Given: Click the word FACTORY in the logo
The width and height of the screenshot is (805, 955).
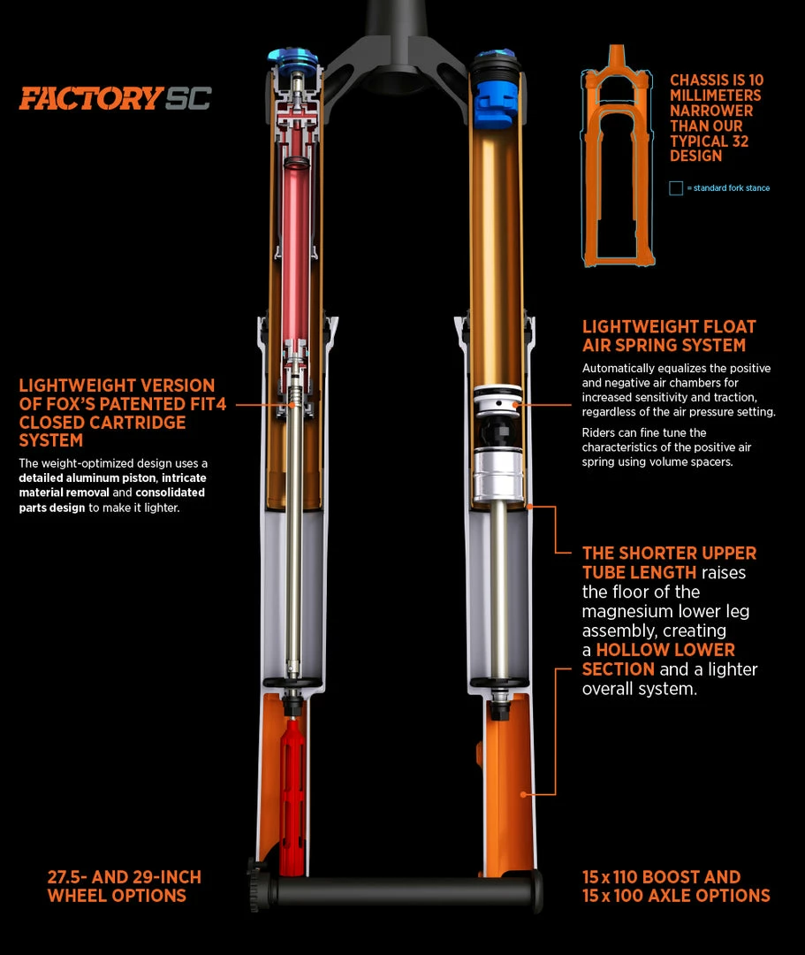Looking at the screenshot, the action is tap(91, 99).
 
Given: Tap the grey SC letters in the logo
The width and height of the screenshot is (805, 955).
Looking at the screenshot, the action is tap(188, 99).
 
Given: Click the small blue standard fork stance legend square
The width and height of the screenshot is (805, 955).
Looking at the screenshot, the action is tap(675, 188).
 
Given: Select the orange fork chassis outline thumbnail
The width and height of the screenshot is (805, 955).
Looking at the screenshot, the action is tap(617, 156).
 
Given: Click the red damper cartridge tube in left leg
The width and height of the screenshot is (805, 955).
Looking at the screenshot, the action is tap(296, 244).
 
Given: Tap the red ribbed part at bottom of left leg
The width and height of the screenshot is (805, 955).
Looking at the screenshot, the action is tap(292, 795).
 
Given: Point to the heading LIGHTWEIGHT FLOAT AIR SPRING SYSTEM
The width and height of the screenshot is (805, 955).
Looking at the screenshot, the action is tap(669, 336).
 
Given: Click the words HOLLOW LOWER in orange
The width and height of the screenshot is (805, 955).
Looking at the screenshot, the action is tap(665, 650).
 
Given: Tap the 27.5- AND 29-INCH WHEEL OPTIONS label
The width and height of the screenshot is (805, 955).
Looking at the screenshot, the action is tap(125, 886).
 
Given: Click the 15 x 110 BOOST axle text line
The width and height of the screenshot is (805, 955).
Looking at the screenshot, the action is tap(661, 877).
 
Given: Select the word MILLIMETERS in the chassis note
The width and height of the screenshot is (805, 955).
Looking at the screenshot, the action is tap(716, 95).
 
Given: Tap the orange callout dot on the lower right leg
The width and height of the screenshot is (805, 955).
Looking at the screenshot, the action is tap(523, 795).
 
